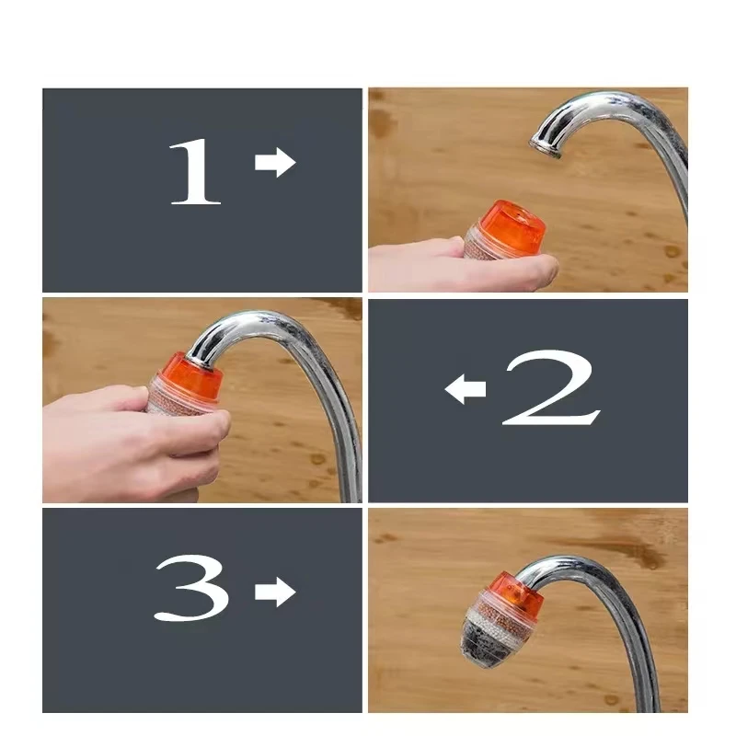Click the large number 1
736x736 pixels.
pos(195,171)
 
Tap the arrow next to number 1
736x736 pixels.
pos(274,163)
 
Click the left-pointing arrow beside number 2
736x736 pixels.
pos(466,390)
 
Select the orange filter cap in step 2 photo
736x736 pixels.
pos(188,376)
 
